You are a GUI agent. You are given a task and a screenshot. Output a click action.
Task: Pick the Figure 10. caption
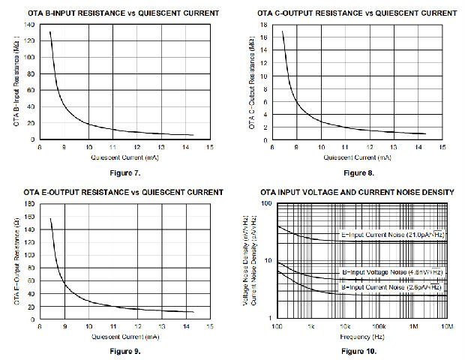pyautogui.click(x=357, y=350)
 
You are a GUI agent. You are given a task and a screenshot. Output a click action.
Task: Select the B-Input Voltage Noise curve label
pyautogui.click(x=391, y=271)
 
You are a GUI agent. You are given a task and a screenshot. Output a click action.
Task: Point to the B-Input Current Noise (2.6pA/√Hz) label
pyautogui.click(x=391, y=287)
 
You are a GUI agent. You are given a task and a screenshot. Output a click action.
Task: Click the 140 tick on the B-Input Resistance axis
pyautogui.click(x=31, y=25)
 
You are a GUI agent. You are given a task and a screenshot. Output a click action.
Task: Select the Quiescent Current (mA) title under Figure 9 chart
pyautogui.click(x=124, y=337)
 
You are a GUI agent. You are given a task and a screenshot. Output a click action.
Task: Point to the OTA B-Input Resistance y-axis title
pyautogui.click(x=18, y=81)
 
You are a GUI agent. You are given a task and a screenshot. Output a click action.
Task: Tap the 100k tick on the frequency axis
pyautogui.click(x=379, y=328)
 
